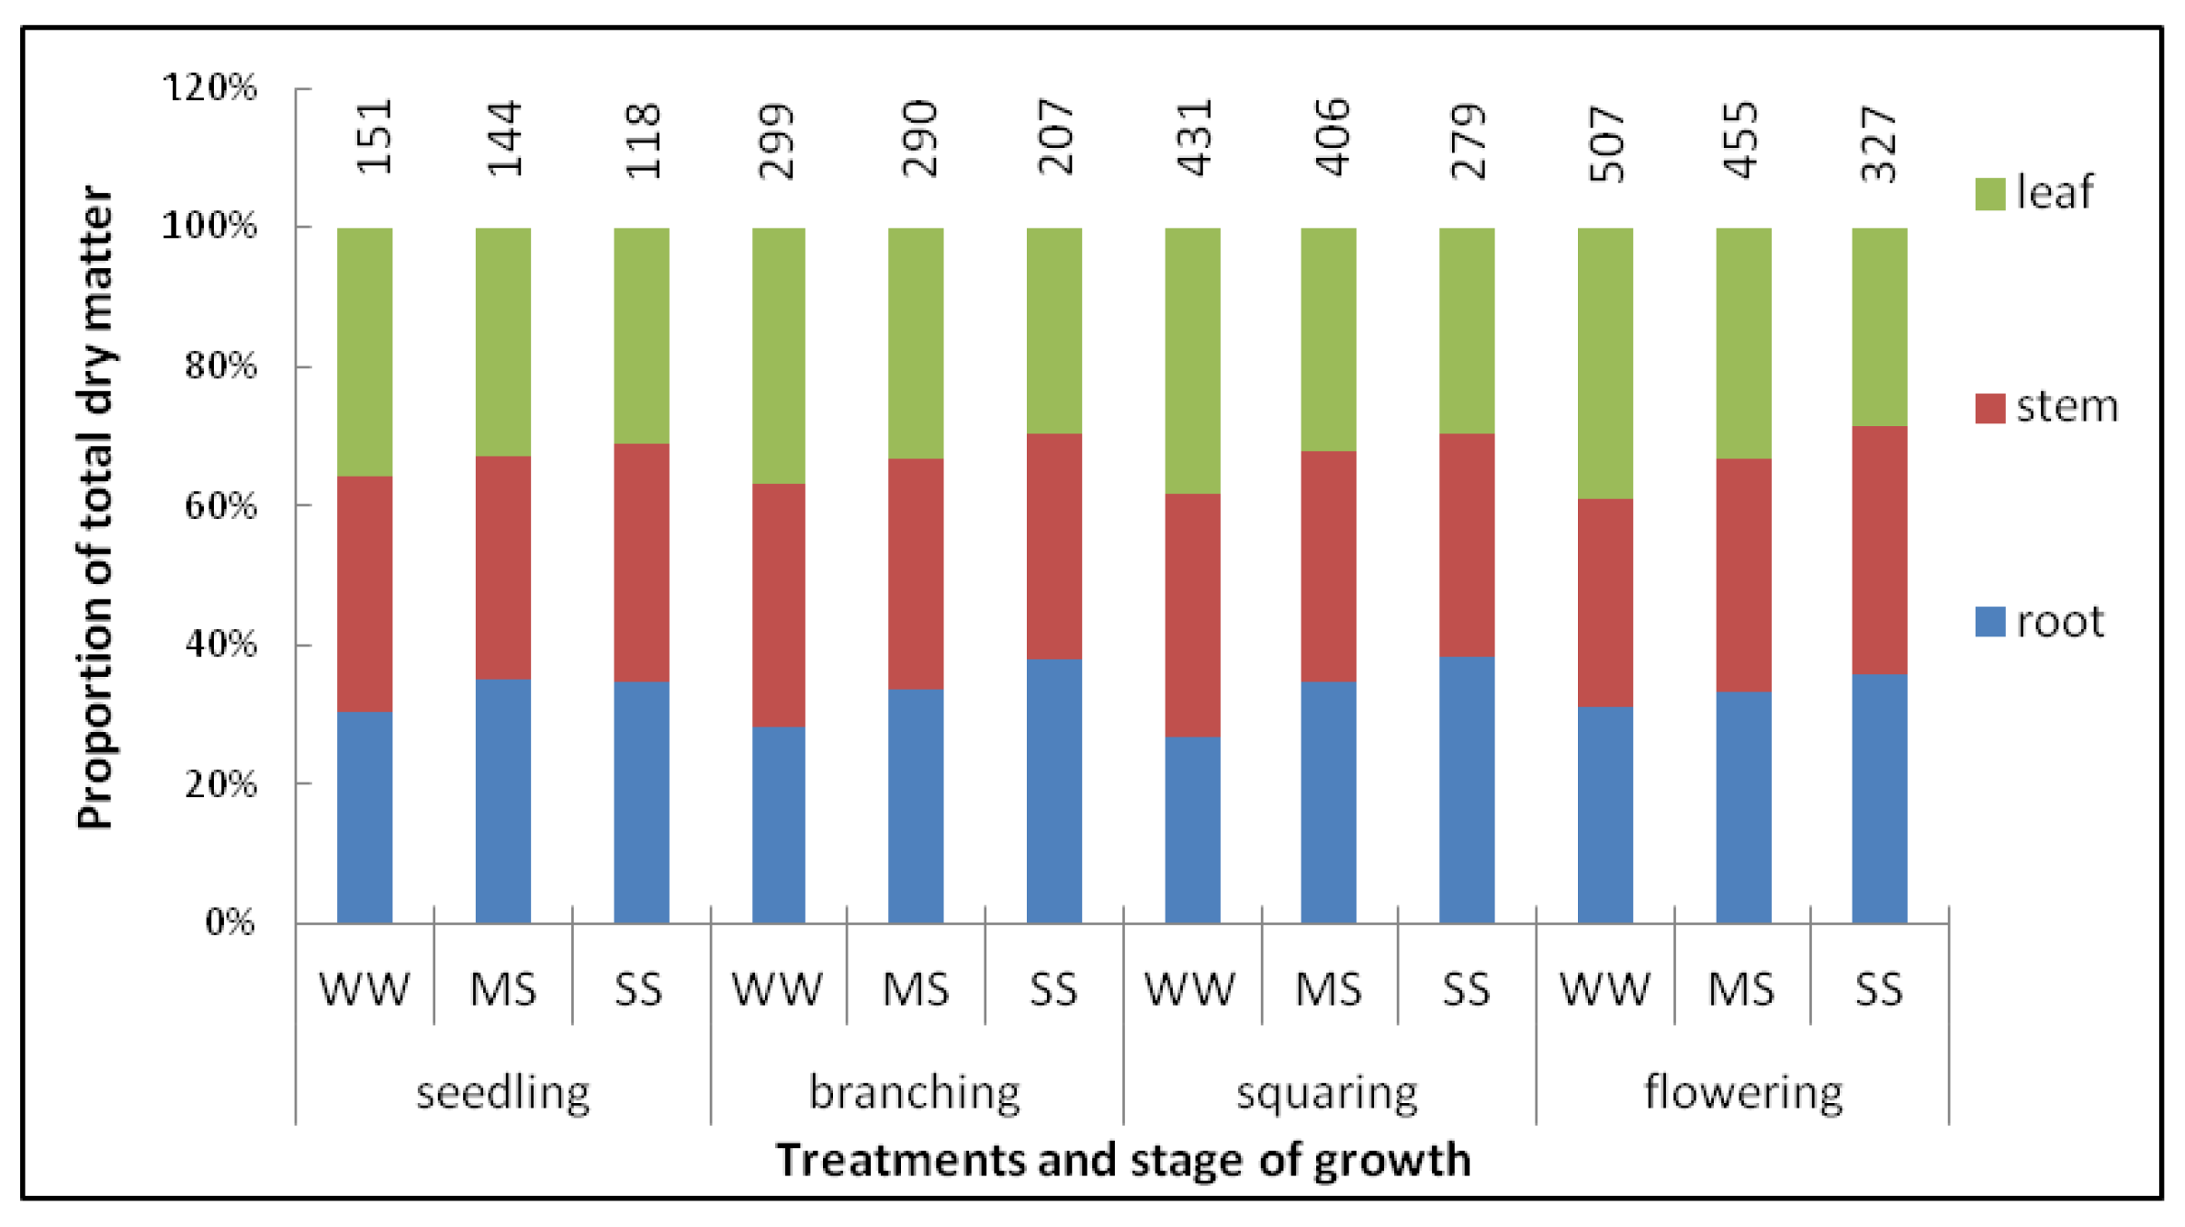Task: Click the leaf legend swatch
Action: [x=1989, y=194]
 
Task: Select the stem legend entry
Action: [x=2046, y=407]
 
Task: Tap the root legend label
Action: [x=2059, y=622]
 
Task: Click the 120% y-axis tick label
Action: [x=209, y=88]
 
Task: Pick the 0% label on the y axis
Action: [x=230, y=922]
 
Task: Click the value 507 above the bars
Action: [x=1606, y=143]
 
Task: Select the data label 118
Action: [x=641, y=141]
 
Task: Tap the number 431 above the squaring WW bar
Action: [x=1194, y=138]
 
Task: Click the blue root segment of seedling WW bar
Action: [x=365, y=817]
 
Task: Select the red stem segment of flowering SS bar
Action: [x=1879, y=550]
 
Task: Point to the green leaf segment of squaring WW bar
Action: [x=1193, y=361]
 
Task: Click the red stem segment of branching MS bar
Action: [x=916, y=574]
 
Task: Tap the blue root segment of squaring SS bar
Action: [x=1467, y=790]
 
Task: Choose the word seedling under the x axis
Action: [x=502, y=1093]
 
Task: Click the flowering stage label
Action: [x=1742, y=1093]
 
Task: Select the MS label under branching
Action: [x=916, y=990]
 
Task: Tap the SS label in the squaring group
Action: [x=1466, y=990]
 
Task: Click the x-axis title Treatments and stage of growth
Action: [x=1123, y=1161]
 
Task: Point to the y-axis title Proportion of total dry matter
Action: [x=96, y=508]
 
